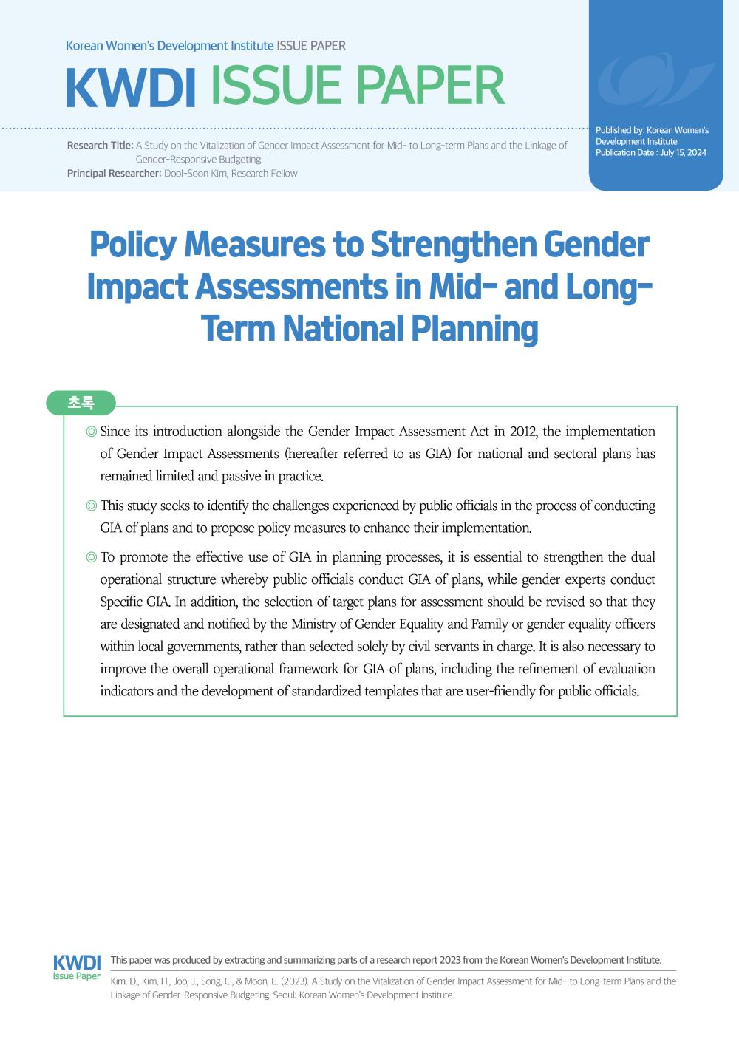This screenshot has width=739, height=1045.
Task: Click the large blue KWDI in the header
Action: tap(130, 87)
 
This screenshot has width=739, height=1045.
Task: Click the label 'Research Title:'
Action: tap(100, 146)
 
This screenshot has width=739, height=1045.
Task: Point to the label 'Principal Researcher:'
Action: tap(114, 174)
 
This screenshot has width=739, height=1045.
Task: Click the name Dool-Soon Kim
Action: tap(194, 174)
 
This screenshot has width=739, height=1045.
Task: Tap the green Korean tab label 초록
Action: tap(81, 403)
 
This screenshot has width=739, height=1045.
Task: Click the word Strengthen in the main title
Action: tap(453, 245)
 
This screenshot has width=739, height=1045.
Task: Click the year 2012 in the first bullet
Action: tap(522, 432)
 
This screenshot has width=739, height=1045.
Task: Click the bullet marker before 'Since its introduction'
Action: tap(91, 432)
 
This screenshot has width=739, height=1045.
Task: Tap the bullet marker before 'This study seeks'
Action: tap(91, 506)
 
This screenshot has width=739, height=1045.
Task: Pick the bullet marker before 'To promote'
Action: tap(91, 558)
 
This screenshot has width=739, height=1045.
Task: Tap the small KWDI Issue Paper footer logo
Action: tap(77, 967)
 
